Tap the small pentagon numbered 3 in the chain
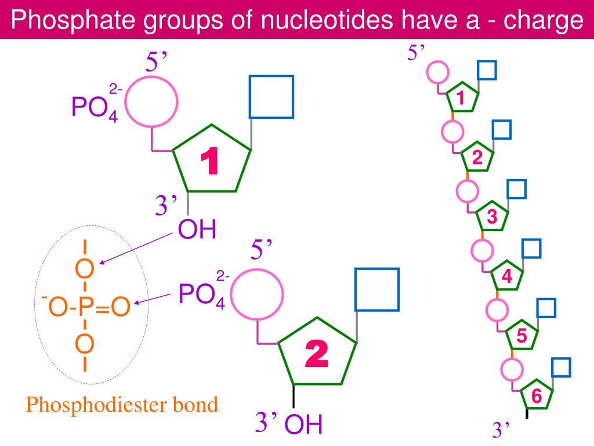pos(492,218)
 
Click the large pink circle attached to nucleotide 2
pos(258,294)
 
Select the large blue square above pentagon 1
pos(271,96)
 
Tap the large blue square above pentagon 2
pos(377,289)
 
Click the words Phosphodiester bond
pos(122,404)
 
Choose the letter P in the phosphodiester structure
pos(84,307)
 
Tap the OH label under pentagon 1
pos(197,229)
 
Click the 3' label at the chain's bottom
pos(501,430)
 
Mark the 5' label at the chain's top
pos(416,53)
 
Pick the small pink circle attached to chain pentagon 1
pos(438,73)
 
